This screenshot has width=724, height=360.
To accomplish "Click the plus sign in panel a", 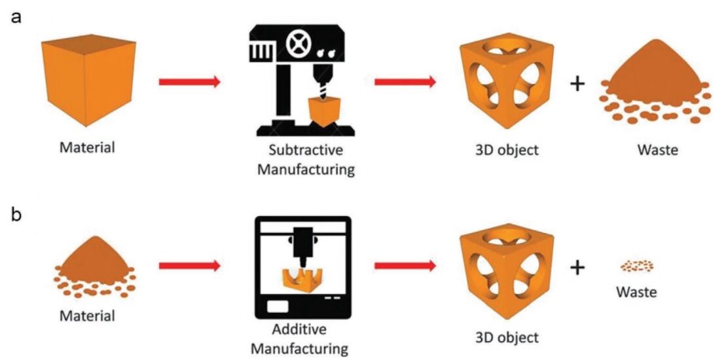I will tap(577, 84).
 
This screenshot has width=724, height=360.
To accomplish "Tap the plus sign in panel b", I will tap(577, 267).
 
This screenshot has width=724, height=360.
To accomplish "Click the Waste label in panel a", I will tap(656, 149).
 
